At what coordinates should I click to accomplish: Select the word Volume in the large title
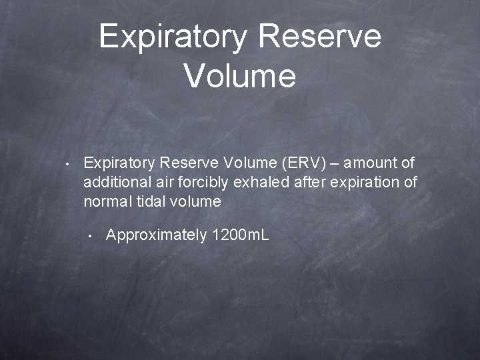[x=240, y=75]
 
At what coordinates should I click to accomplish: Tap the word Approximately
[x=156, y=235]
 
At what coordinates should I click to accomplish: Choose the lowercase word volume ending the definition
[x=198, y=201]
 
